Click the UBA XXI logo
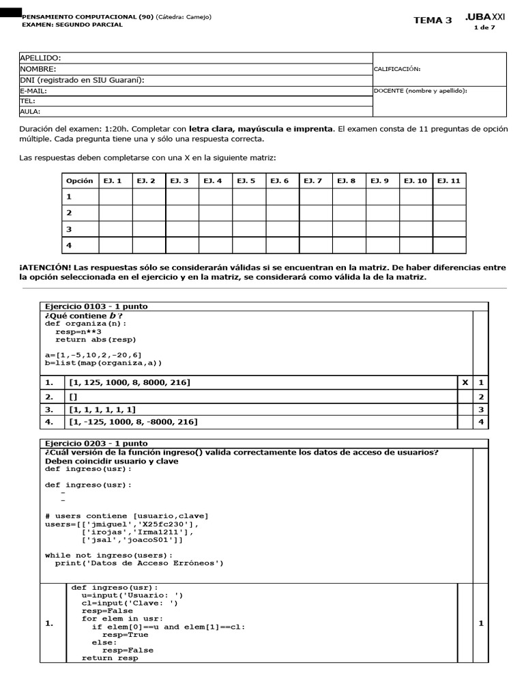pyautogui.click(x=485, y=17)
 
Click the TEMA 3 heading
pyautogui.click(x=433, y=20)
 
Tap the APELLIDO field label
pyautogui.click(x=40, y=58)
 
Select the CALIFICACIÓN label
pyautogui.click(x=397, y=69)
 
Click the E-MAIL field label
pyautogui.click(x=33, y=90)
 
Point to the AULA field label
pyautogui.click(x=30, y=111)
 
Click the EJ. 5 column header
pyautogui.click(x=246, y=181)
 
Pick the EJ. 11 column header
pyautogui.click(x=449, y=181)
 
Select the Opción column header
pyautogui.click(x=78, y=181)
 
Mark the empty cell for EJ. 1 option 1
pyautogui.click(x=115, y=197)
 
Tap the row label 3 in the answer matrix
pyautogui.click(x=68, y=229)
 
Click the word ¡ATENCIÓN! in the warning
pyautogui.click(x=45, y=268)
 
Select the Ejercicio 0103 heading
pyautogui.click(x=96, y=306)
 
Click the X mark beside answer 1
pyautogui.click(x=465, y=383)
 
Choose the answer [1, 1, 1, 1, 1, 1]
pyautogui.click(x=102, y=410)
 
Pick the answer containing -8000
pyautogui.click(x=133, y=423)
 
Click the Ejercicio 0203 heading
pyautogui.click(x=96, y=444)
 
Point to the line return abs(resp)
pyautogui.click(x=96, y=339)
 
